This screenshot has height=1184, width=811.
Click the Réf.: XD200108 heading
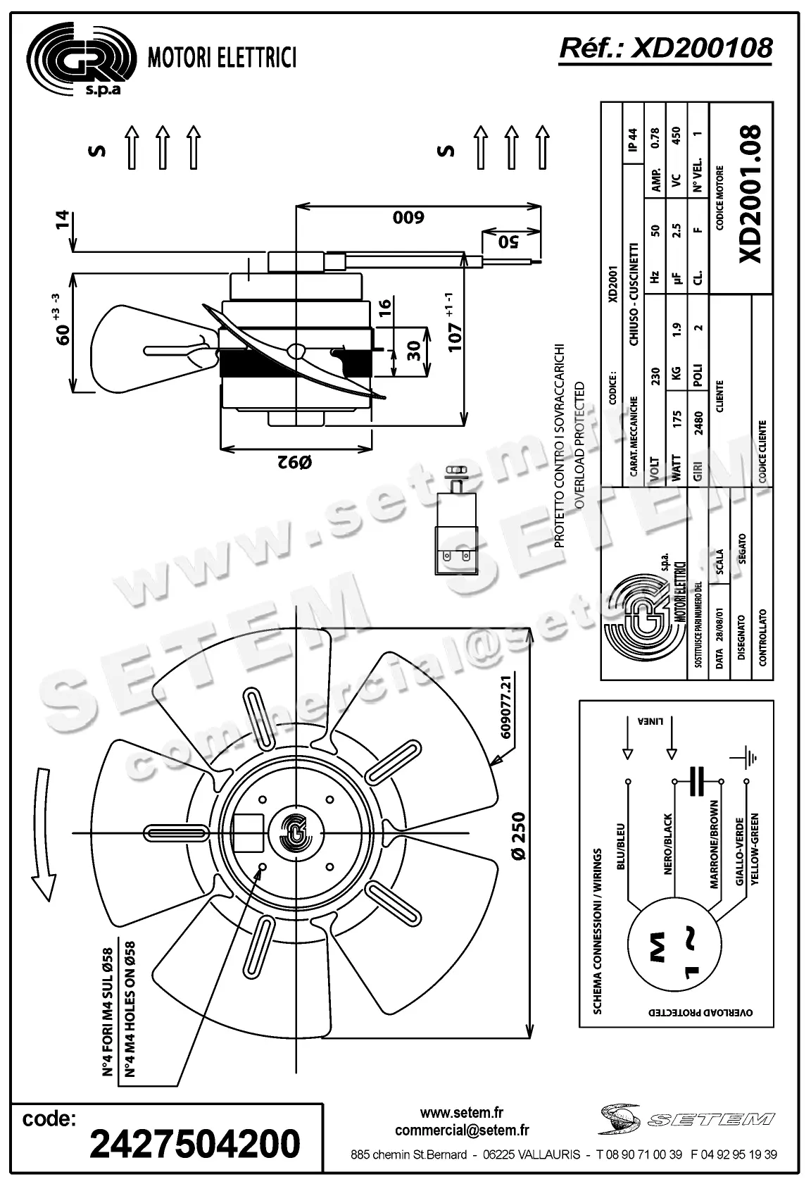coord(665,48)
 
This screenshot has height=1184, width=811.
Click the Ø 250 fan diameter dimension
coord(518,835)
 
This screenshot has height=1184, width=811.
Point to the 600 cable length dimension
coord(408,217)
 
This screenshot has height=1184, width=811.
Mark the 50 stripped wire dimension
coord(508,242)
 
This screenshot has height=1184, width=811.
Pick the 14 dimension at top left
coord(63,220)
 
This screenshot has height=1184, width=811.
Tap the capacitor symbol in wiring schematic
coord(698,781)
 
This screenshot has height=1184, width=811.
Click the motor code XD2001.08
coord(752,194)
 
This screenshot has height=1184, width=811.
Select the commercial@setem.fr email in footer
coord(462,1130)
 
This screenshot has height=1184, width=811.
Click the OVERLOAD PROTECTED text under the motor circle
coord(700,1012)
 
